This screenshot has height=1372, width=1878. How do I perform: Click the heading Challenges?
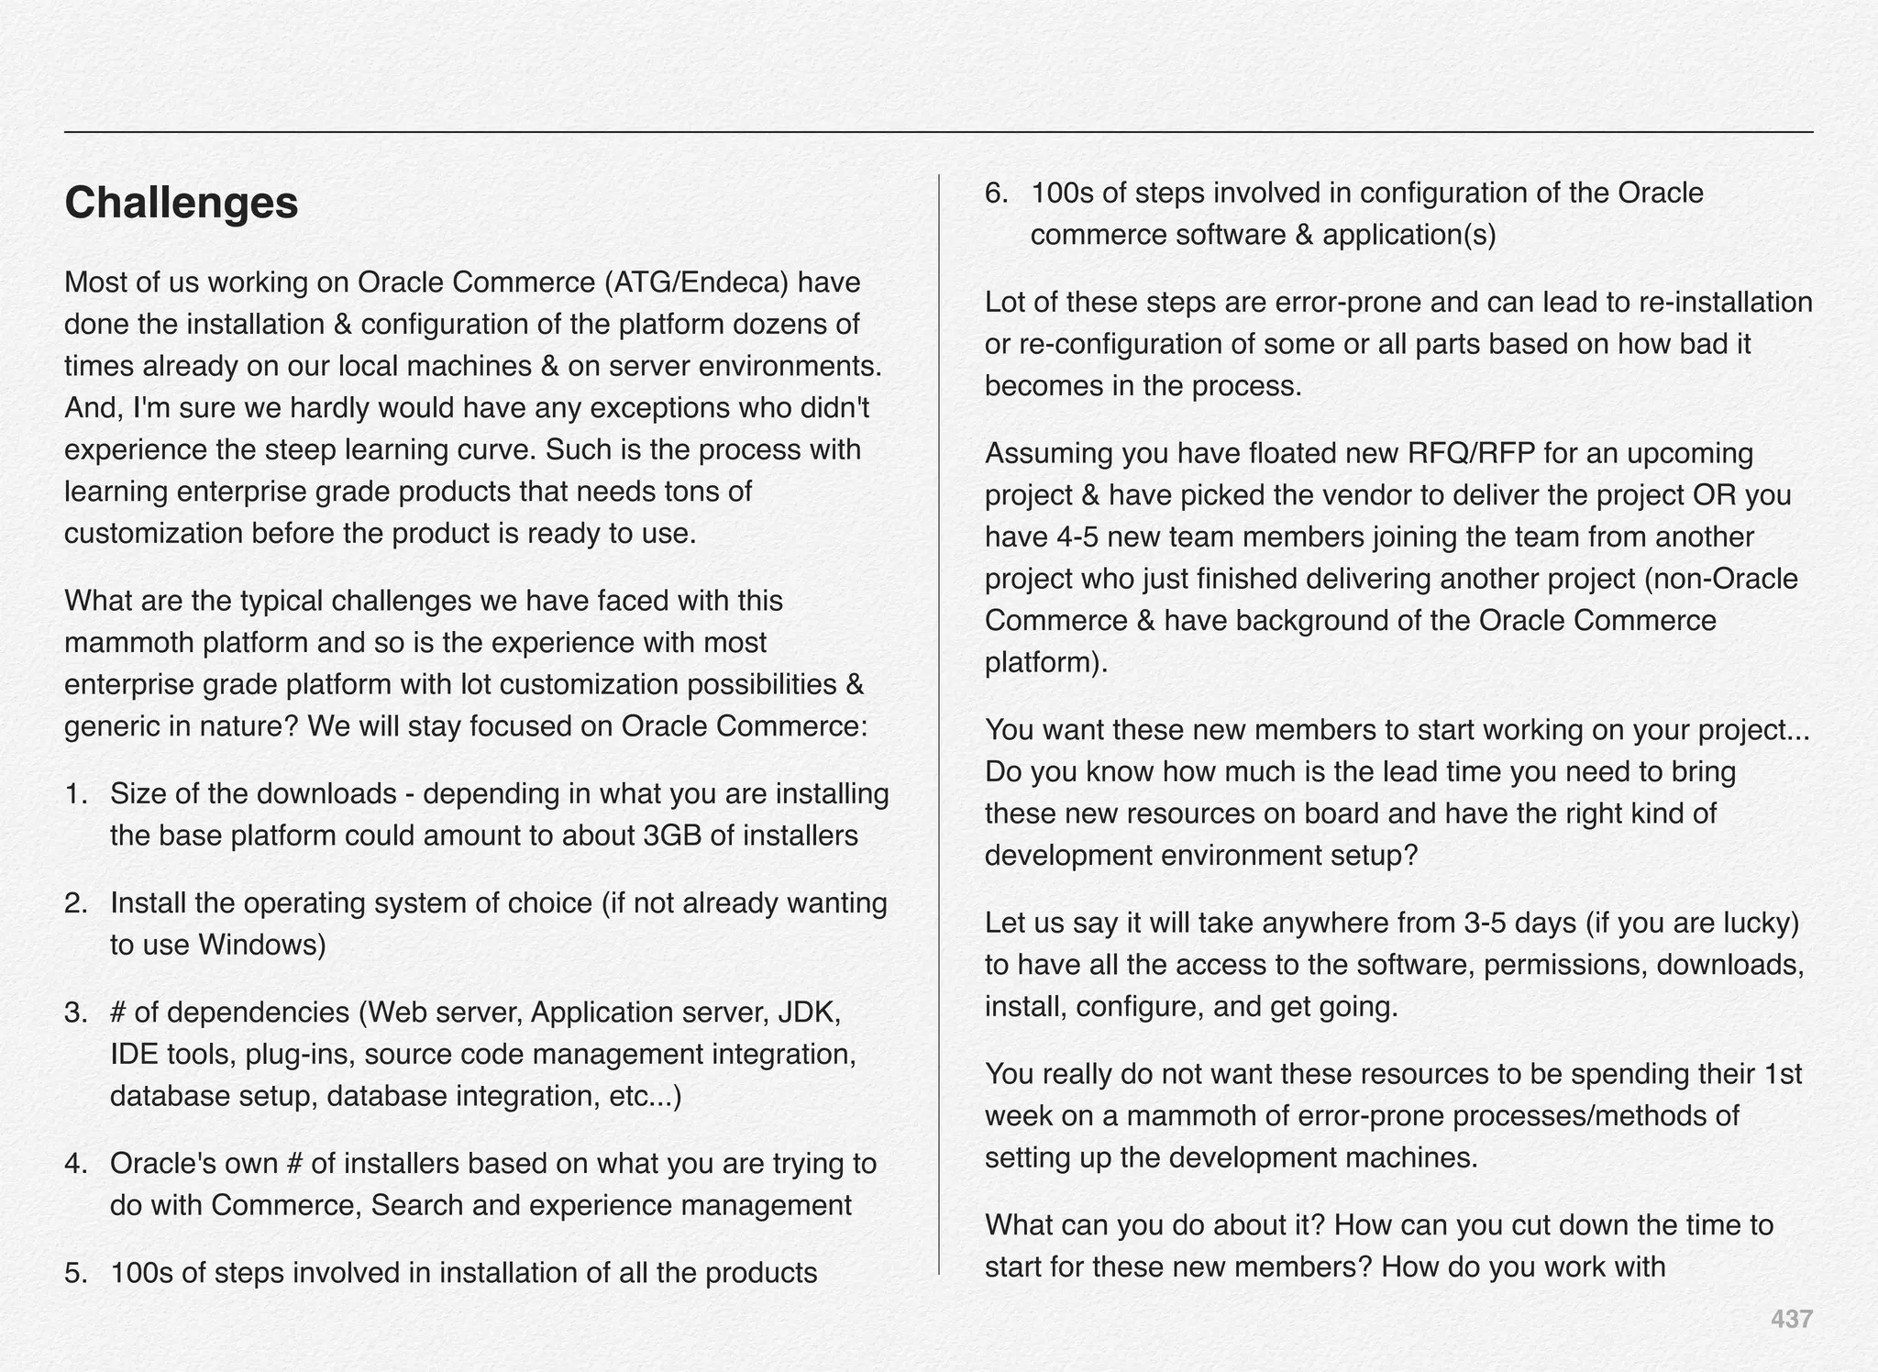tap(181, 203)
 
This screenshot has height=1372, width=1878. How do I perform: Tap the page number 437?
tap(1790, 1319)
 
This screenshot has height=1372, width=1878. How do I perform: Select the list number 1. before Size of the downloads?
tap(76, 794)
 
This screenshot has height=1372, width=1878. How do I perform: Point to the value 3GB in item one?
tap(673, 836)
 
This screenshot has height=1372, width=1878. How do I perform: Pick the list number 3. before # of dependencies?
tap(76, 1012)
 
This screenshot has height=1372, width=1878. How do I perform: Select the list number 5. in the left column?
tap(76, 1274)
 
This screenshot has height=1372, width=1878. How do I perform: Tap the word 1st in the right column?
tap(1783, 1074)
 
